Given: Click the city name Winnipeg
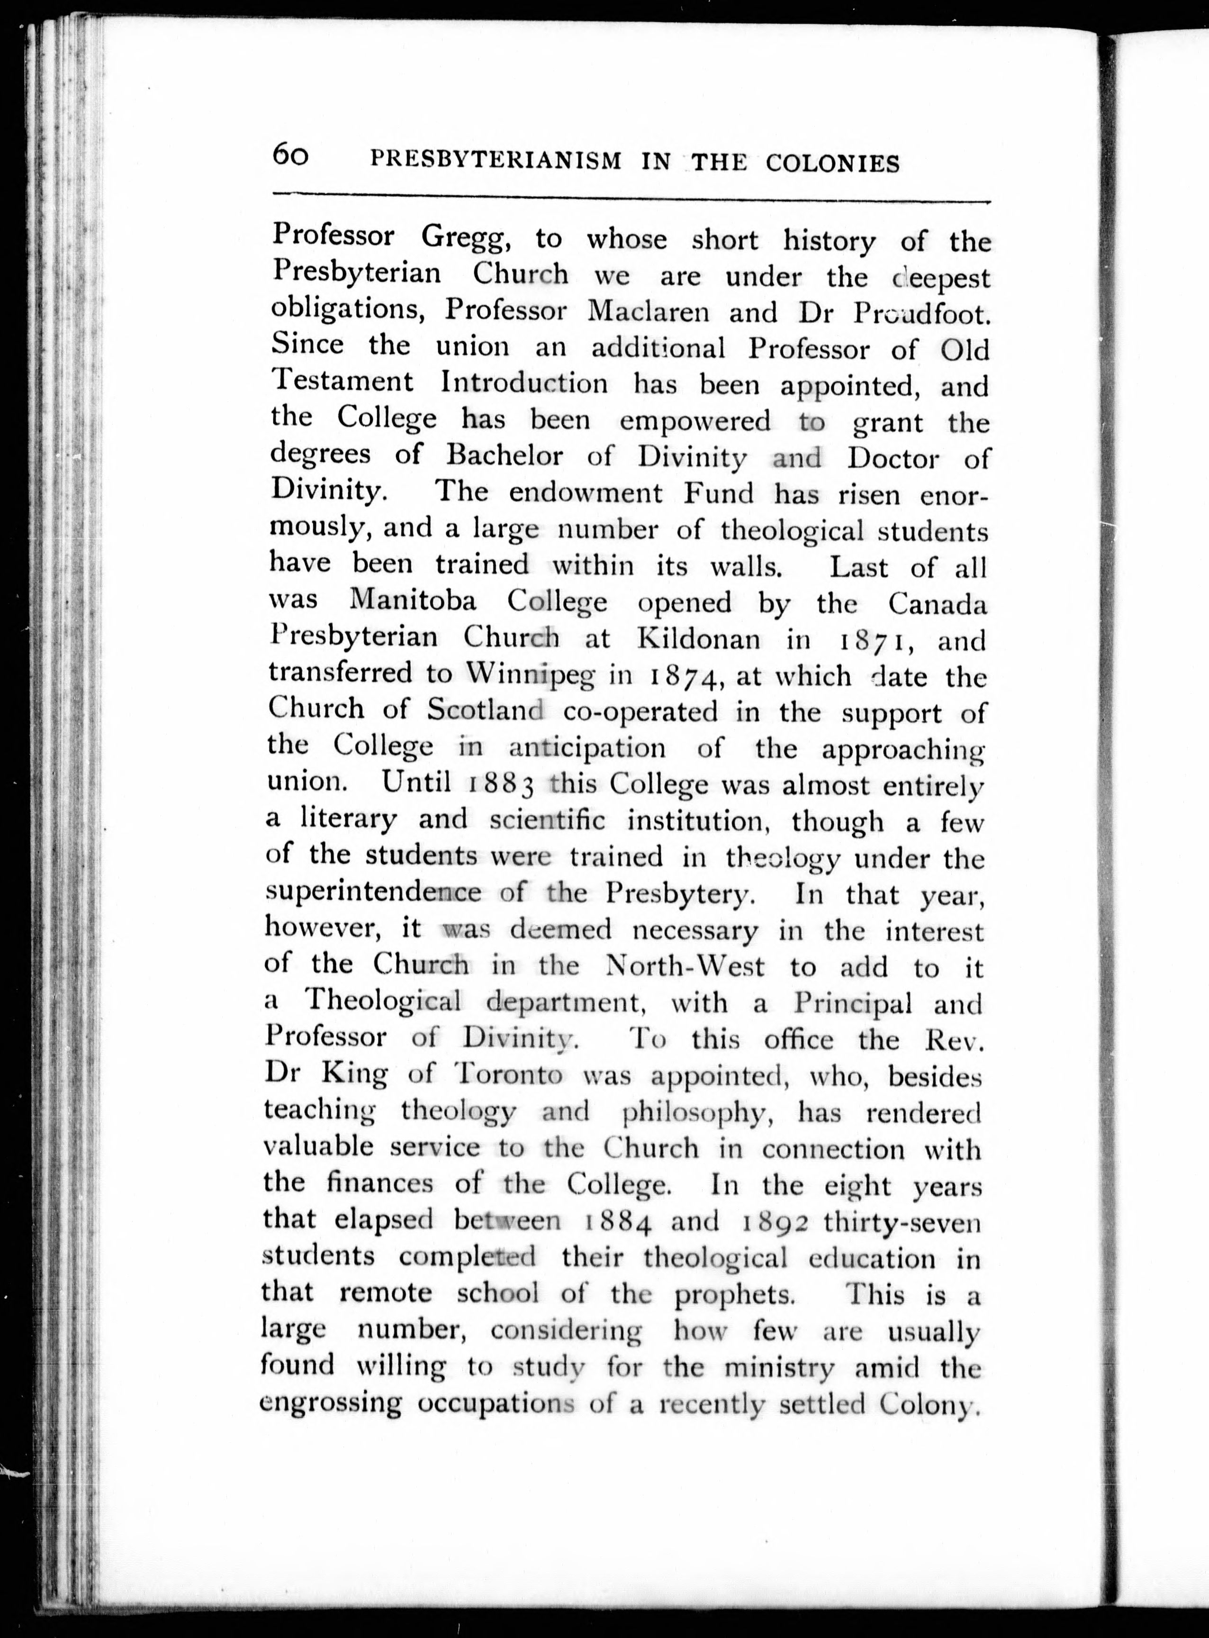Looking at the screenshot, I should click(x=531, y=674).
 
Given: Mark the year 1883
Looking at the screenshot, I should click(x=501, y=784).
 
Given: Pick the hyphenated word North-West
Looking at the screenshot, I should click(x=686, y=966).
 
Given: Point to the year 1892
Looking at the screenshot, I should click(x=776, y=1220).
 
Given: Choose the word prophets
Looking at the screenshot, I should click(x=734, y=1294).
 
